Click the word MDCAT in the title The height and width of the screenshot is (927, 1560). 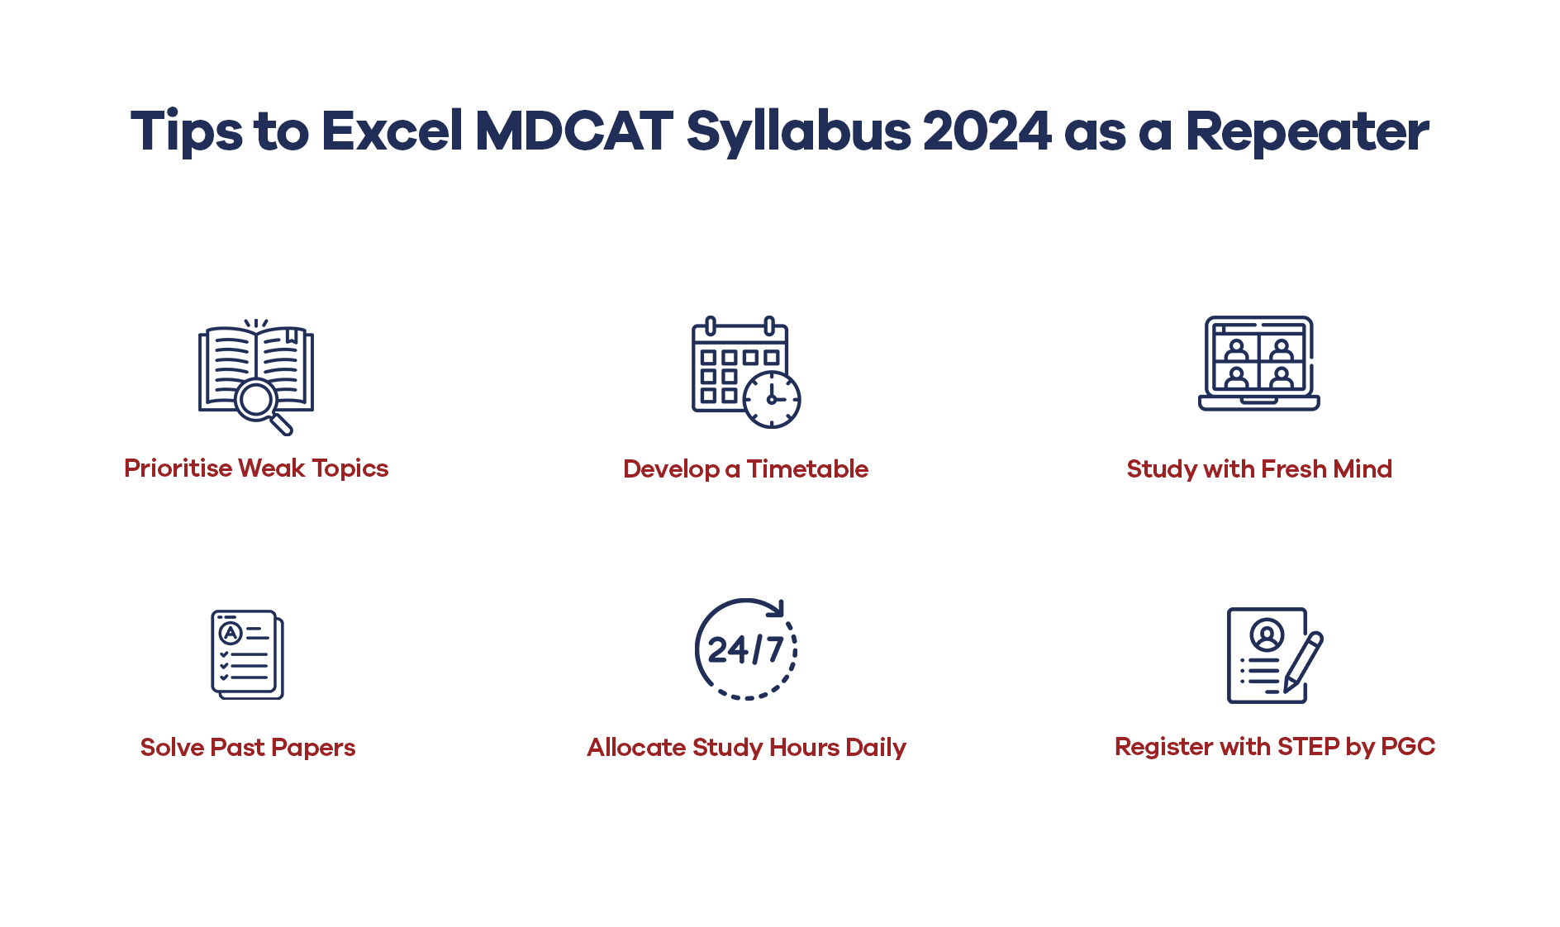click(x=574, y=131)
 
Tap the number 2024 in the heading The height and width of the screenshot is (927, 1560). click(x=987, y=131)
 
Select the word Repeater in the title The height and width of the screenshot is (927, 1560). click(x=1307, y=131)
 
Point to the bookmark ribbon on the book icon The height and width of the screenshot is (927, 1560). click(x=291, y=335)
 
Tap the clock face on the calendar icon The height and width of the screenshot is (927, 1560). click(x=772, y=399)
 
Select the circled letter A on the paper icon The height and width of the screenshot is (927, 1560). click(x=230, y=634)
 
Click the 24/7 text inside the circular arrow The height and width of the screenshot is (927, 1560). click(x=745, y=650)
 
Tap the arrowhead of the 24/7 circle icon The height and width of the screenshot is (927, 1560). click(x=776, y=609)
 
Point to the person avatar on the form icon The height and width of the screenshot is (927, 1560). click(x=1267, y=635)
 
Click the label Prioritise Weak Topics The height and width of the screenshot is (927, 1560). click(x=256, y=468)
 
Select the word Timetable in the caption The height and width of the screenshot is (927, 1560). click(x=807, y=469)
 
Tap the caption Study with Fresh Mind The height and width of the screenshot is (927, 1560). click(x=1259, y=469)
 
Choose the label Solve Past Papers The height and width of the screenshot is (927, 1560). click(x=248, y=748)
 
